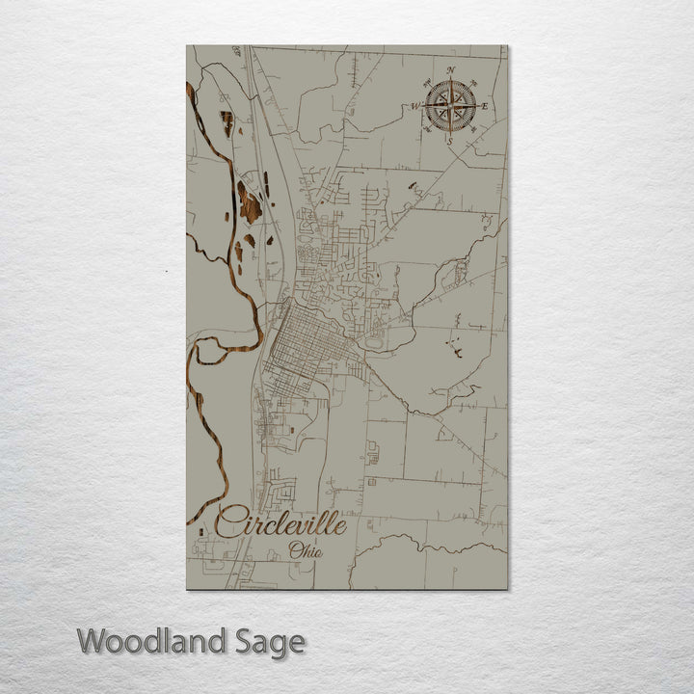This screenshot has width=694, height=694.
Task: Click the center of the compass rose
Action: pos(450,105)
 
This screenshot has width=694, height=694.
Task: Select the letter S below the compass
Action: pos(450,142)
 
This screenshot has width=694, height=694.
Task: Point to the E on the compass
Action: pos(484,106)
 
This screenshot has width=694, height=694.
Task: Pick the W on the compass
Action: pos(415,106)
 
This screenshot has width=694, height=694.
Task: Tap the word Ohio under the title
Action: pos(306,552)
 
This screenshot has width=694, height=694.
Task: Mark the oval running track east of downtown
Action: pos(374,340)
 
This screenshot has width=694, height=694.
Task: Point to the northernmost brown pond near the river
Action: pos(227,121)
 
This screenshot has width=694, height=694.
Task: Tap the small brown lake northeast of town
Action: pos(413,185)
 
